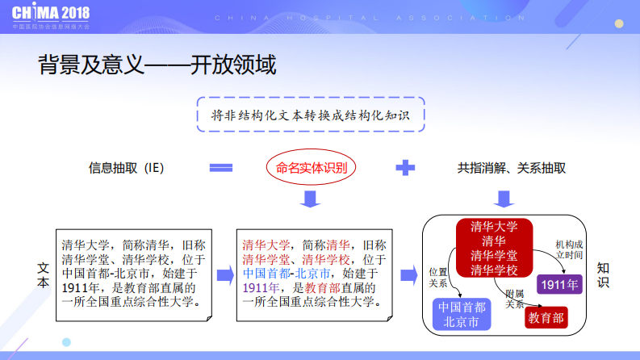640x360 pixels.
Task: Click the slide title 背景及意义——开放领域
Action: (157, 65)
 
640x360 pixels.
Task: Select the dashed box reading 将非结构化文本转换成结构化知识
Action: (311, 115)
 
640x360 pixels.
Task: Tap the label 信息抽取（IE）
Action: (127, 168)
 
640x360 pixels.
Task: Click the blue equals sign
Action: (221, 168)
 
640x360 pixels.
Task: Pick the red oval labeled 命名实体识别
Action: (312, 168)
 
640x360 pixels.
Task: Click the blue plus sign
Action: (405, 168)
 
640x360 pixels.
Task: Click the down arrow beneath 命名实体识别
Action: (312, 198)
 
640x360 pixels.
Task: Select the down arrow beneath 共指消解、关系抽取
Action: (506, 198)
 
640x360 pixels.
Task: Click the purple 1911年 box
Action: (559, 284)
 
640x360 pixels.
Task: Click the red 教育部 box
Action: (546, 317)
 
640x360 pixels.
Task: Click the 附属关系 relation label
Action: (516, 299)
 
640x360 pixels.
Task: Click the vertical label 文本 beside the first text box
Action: (44, 274)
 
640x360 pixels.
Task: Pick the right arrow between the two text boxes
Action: (224, 274)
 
